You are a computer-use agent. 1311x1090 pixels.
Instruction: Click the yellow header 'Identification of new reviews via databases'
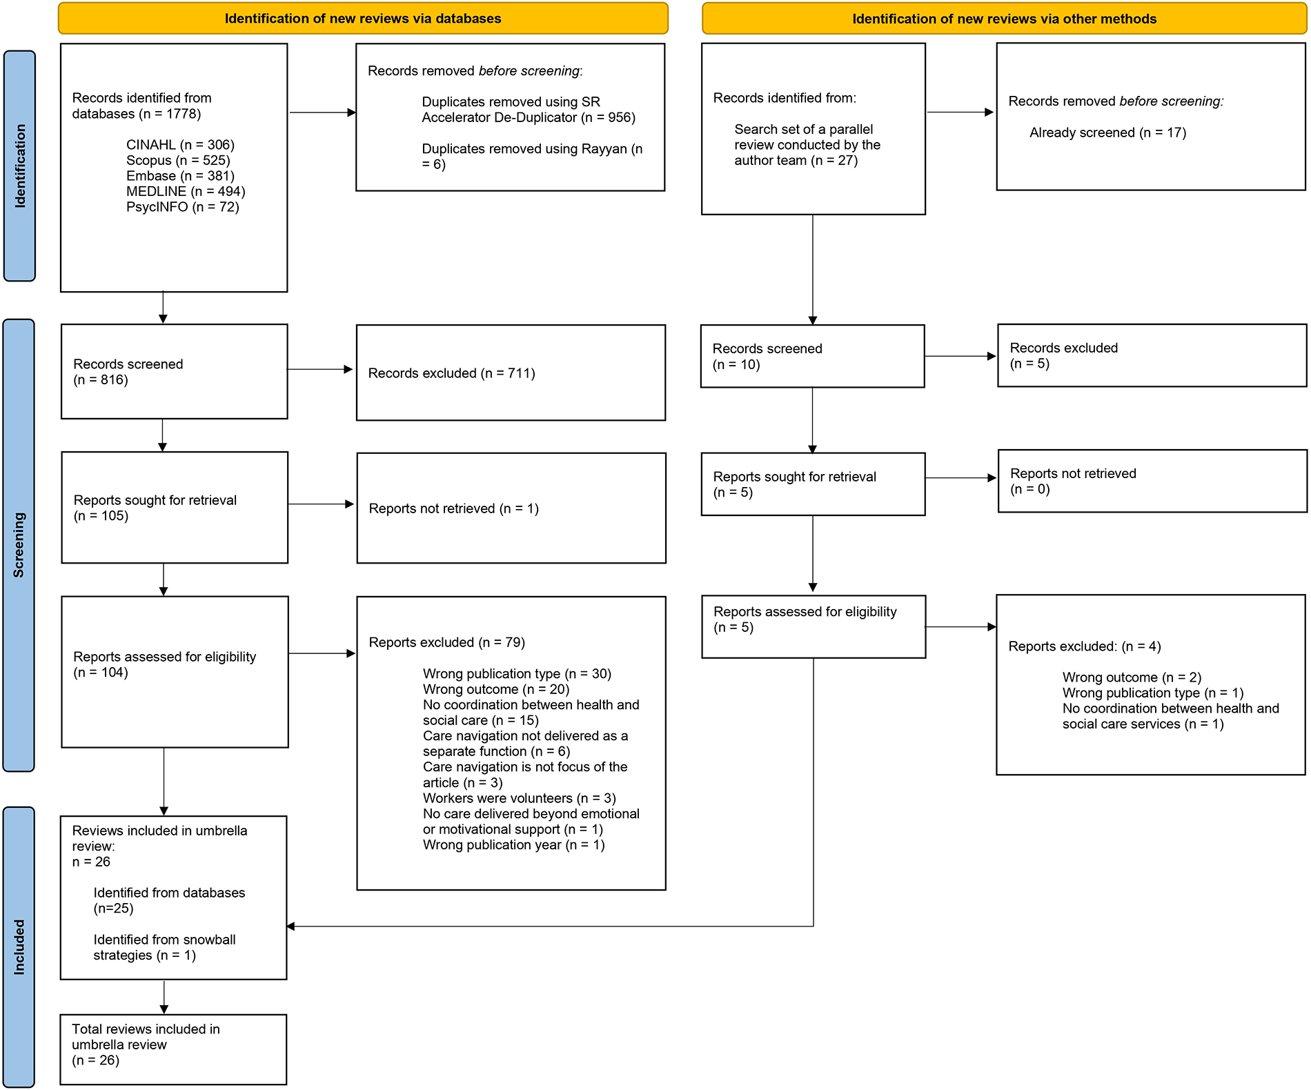pyautogui.click(x=363, y=19)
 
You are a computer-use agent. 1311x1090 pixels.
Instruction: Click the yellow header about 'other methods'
pyautogui.click(x=1004, y=19)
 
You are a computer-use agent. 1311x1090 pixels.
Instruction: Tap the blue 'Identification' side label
pyautogui.click(x=19, y=166)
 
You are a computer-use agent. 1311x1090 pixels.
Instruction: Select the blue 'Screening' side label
pyautogui.click(x=19, y=545)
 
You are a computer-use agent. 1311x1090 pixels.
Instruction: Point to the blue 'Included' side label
pyautogui.click(x=19, y=947)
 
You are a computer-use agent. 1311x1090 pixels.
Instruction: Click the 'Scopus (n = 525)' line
pyautogui.click(x=178, y=160)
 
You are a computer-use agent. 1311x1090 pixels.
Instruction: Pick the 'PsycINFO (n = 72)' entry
pyautogui.click(x=182, y=207)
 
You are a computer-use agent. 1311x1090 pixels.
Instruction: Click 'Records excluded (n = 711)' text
pyautogui.click(x=451, y=373)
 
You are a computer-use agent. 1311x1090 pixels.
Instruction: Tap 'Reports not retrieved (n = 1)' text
pyautogui.click(x=453, y=508)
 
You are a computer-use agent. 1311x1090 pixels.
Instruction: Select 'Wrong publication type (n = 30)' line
pyautogui.click(x=517, y=673)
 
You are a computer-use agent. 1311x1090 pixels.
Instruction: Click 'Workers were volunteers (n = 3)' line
pyautogui.click(x=519, y=798)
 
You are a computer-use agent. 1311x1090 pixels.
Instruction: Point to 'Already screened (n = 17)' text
pyautogui.click(x=1107, y=132)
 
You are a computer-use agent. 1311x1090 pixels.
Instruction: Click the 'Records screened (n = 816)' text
pyautogui.click(x=128, y=372)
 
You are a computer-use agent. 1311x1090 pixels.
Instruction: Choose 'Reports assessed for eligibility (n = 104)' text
pyautogui.click(x=164, y=664)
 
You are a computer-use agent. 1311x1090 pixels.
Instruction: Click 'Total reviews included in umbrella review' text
pyautogui.click(x=146, y=1037)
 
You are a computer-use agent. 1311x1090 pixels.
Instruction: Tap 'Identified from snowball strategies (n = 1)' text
pyautogui.click(x=164, y=947)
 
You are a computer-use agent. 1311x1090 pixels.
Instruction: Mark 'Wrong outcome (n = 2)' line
pyautogui.click(x=1132, y=677)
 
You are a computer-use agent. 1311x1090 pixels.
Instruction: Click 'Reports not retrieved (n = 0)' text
pyautogui.click(x=1073, y=482)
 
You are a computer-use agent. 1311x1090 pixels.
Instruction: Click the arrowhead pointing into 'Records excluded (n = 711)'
pyautogui.click(x=348, y=370)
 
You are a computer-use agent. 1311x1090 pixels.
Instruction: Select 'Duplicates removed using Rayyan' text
pyautogui.click(x=531, y=156)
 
